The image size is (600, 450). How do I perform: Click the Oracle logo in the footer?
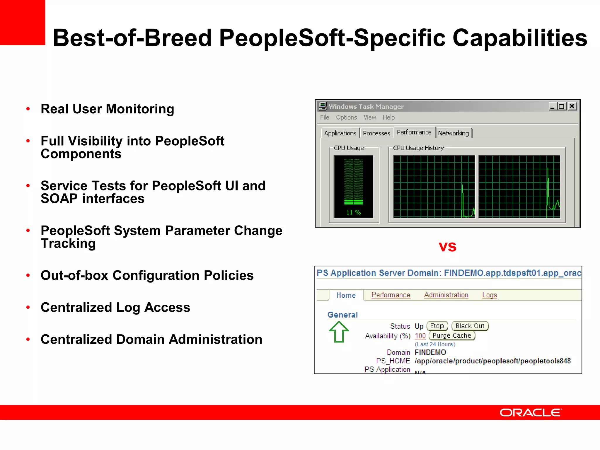click(x=531, y=412)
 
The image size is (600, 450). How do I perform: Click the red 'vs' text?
click(x=447, y=247)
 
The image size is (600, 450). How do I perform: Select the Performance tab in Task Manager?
click(x=414, y=132)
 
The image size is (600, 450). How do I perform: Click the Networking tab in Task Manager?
click(x=453, y=133)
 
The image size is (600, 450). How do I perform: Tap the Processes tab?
click(x=376, y=133)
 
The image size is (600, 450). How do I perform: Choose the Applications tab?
click(x=340, y=133)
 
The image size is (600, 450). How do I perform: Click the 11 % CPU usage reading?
click(x=353, y=212)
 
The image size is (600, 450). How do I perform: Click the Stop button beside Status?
click(x=437, y=326)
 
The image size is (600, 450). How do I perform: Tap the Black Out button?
click(x=470, y=326)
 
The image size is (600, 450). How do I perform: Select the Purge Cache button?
click(x=452, y=336)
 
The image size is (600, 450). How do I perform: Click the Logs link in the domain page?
click(x=490, y=295)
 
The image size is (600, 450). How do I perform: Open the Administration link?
click(x=446, y=295)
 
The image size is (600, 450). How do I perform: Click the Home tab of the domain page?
click(x=346, y=295)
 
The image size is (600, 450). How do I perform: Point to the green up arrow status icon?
click(x=339, y=332)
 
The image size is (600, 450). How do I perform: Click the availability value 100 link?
click(x=420, y=336)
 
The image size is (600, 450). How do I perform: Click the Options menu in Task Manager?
click(x=346, y=117)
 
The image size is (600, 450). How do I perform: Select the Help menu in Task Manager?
click(x=388, y=117)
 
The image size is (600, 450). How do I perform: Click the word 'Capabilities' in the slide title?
click(x=520, y=38)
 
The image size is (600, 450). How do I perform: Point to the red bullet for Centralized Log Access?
click(x=28, y=307)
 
